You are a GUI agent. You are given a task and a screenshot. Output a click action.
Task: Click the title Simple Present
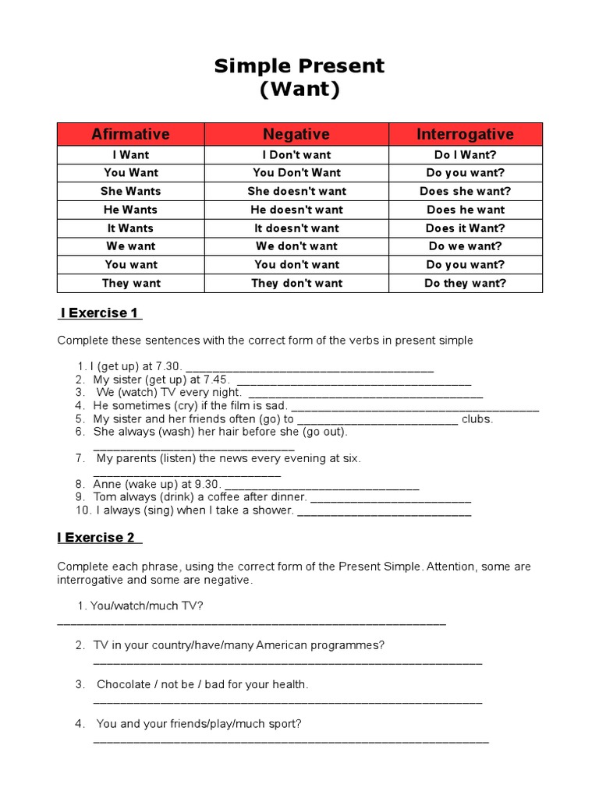click(x=299, y=66)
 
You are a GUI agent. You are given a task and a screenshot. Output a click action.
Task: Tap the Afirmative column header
click(x=130, y=134)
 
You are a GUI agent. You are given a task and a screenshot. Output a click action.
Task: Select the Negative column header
click(x=296, y=134)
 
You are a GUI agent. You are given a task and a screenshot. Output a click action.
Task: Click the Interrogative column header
click(x=465, y=134)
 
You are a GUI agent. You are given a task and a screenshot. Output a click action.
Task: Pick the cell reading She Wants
click(x=130, y=191)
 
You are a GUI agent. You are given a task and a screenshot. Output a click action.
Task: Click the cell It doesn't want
click(x=296, y=228)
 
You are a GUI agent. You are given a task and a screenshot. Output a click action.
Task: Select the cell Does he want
click(x=465, y=210)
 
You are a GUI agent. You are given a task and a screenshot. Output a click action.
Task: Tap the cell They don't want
click(x=296, y=283)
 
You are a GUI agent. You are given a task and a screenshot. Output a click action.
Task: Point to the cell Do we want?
click(x=465, y=246)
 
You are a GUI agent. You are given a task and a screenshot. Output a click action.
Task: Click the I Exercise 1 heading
click(x=100, y=313)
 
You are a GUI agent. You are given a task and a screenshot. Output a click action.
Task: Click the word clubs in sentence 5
click(x=477, y=419)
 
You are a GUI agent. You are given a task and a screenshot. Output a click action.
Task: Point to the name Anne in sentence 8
click(x=108, y=484)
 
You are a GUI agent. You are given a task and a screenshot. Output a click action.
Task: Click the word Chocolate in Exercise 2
click(x=125, y=685)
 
